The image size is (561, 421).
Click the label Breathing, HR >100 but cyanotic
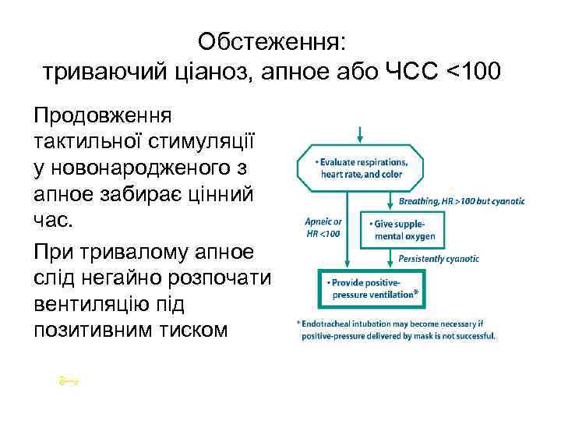coord(461,200)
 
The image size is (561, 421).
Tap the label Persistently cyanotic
coord(438,258)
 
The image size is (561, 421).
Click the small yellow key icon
coord(69,380)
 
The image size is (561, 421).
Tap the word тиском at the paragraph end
coord(190,330)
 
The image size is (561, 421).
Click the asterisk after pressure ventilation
coord(417,294)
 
